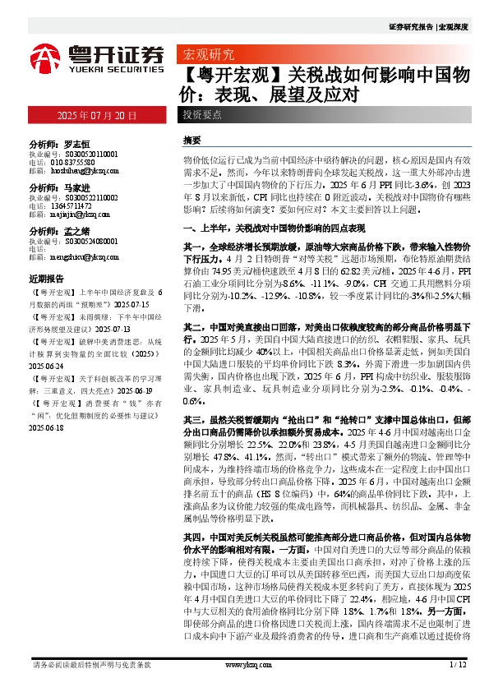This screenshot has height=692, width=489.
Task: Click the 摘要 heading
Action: tap(191, 141)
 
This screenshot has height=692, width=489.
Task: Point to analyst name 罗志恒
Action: tap(76, 142)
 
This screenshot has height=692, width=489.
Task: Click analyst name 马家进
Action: tap(76, 187)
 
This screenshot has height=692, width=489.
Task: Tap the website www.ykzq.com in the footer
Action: tap(244, 665)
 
